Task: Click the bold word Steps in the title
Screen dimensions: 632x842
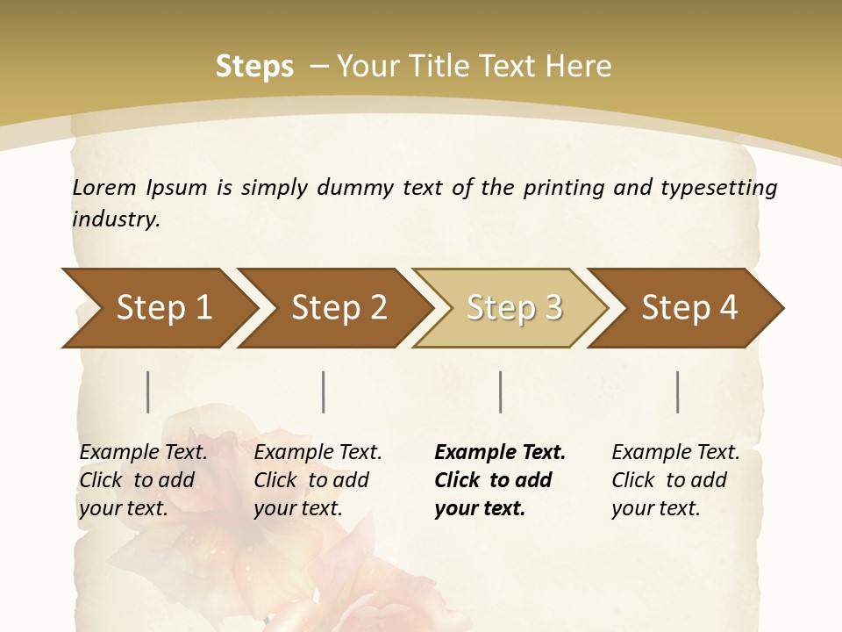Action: click(x=254, y=67)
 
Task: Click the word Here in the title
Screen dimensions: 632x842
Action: click(x=578, y=67)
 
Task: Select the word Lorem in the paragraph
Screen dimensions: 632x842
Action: click(x=104, y=188)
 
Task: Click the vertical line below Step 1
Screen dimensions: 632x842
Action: click(x=148, y=391)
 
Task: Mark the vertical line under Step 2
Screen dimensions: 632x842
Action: click(x=324, y=391)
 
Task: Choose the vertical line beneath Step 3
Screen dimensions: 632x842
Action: click(x=501, y=391)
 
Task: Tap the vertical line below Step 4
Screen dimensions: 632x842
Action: click(x=678, y=391)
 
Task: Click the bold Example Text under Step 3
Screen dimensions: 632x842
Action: click(x=500, y=452)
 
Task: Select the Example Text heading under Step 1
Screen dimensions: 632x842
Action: click(x=143, y=452)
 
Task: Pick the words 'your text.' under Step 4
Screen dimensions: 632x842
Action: click(x=655, y=508)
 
